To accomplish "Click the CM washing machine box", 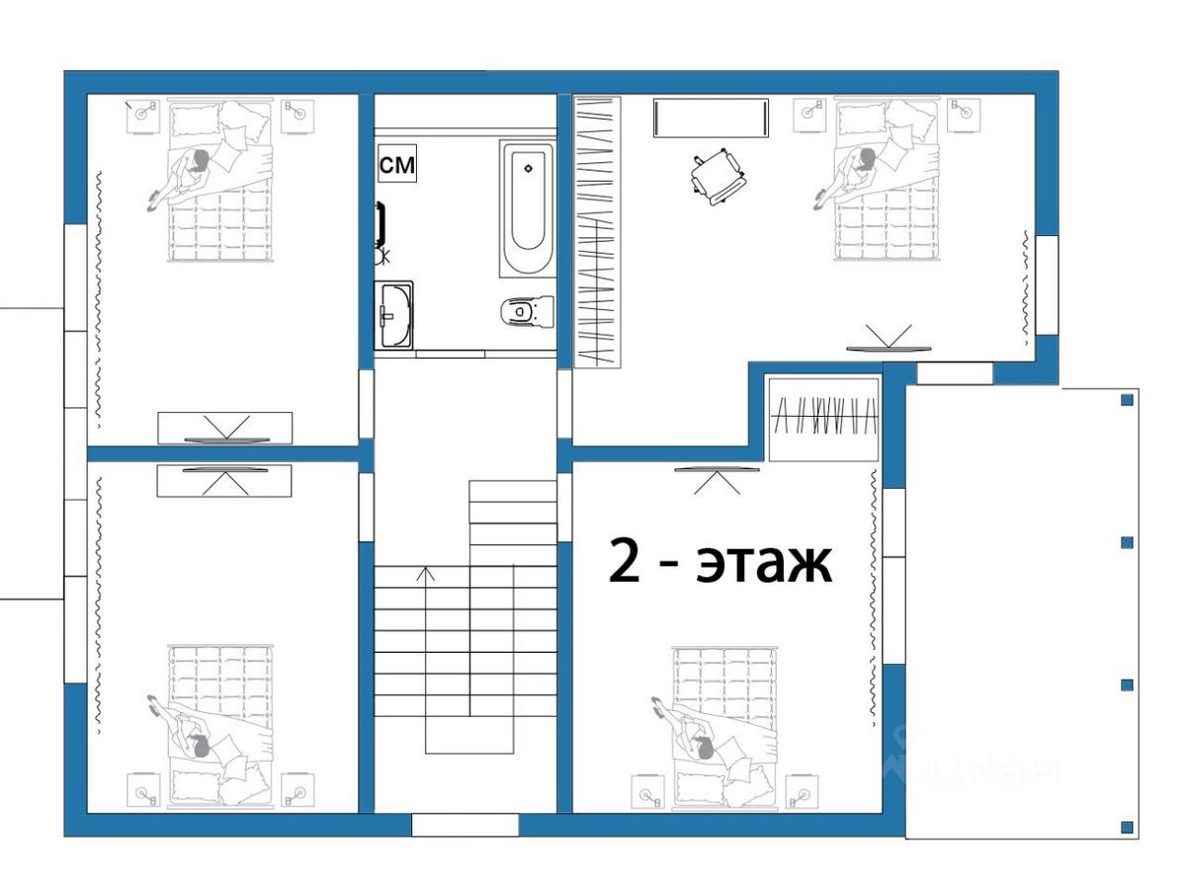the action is coord(396,163).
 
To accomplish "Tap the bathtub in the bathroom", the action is coord(528,208).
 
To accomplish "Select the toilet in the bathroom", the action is coord(527,311).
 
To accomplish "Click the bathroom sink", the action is coord(394,315).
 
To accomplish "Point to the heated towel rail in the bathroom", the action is coord(381,220).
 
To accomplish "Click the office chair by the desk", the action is coord(718,177).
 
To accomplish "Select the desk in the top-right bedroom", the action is coord(711,118).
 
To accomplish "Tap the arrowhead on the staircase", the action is coord(425,573).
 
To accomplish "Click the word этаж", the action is coord(763,565).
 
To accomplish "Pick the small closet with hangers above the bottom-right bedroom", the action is coord(823,420).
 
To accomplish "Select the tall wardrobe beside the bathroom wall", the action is coord(597,232).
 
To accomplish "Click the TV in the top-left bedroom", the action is coord(227,440).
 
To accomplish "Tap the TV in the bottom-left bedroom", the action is coord(225,469).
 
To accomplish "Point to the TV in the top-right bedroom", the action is coord(889,349).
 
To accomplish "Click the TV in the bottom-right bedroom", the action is coord(717,469).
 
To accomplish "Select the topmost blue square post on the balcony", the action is coord(1127,400).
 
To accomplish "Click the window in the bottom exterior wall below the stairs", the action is coord(466,825).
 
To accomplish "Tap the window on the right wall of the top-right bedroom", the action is coord(1047,284).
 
